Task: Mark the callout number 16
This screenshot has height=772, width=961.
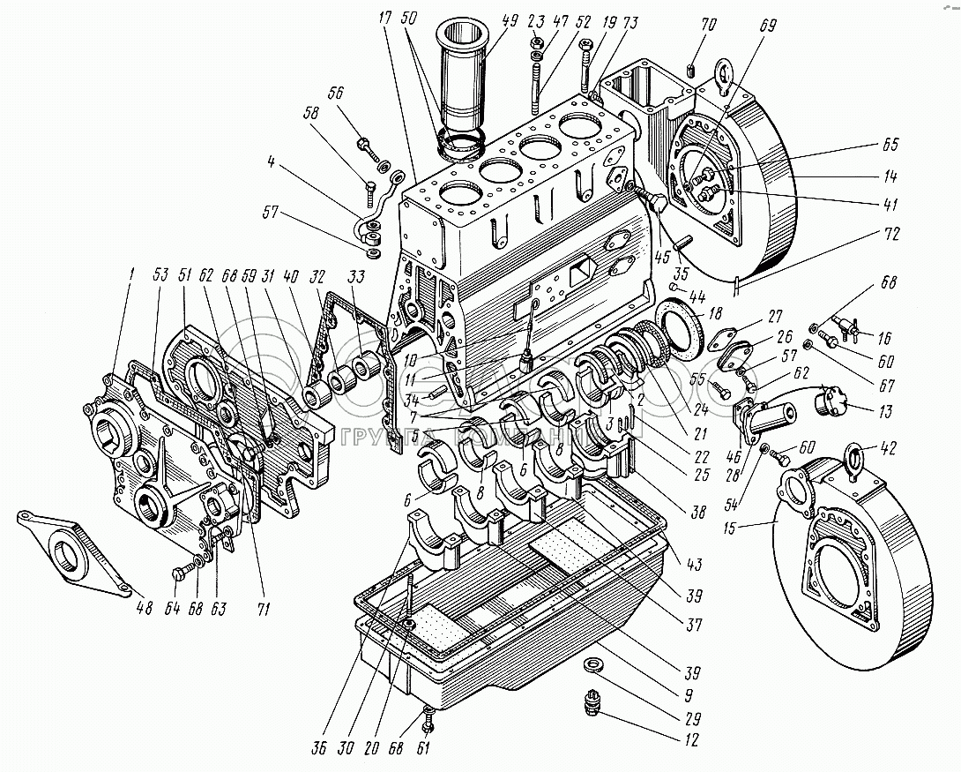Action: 884,337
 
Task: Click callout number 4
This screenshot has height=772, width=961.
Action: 279,161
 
